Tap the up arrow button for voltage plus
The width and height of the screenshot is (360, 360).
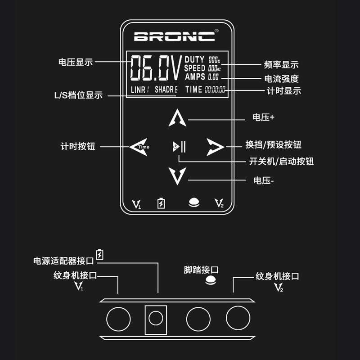(177, 118)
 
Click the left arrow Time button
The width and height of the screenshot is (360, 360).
(139, 147)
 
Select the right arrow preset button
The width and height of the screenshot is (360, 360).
(215, 147)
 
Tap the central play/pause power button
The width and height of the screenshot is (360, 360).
(179, 147)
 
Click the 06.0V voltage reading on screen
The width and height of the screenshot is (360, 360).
(156, 68)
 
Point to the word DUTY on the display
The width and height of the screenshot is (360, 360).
(194, 59)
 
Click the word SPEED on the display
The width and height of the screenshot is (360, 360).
(194, 68)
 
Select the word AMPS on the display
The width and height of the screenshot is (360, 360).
(194, 76)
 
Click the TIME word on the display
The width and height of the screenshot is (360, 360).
(193, 89)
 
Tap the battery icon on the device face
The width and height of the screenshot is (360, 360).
(161, 203)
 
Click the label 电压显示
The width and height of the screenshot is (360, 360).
(76, 62)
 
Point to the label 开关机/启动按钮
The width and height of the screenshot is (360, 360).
(281, 161)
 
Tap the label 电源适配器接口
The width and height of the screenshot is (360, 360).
(64, 261)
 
